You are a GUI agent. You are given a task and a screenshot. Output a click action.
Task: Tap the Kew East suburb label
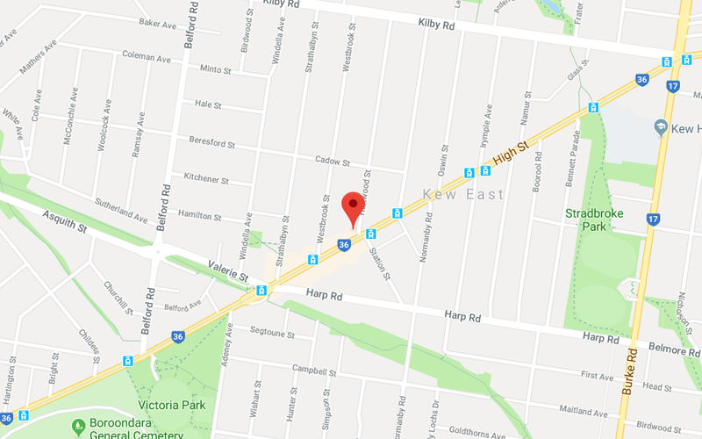pos(463,193)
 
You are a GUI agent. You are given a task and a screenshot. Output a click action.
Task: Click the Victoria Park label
pos(171,406)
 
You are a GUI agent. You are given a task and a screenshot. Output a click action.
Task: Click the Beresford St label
pos(214,140)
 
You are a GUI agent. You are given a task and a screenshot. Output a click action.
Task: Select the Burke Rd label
pos(628,369)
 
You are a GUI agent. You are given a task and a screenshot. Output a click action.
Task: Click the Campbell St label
pos(314,369)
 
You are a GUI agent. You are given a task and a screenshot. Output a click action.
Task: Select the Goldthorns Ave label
pos(470,433)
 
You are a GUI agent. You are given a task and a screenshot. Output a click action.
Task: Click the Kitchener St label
pos(206,178)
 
